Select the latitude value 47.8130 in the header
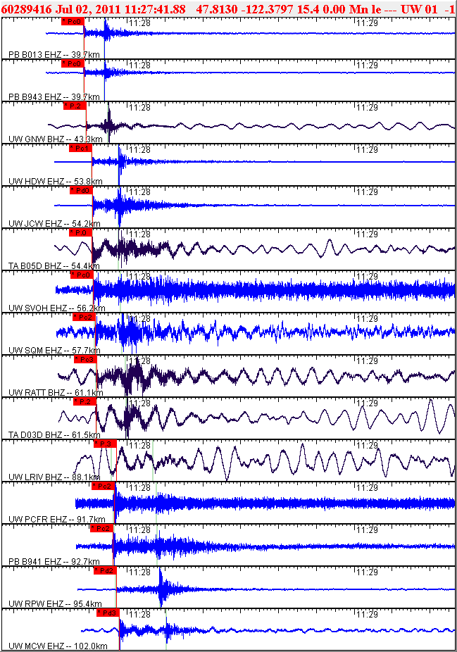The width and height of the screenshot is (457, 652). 217,8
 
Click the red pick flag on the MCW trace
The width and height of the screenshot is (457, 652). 107,613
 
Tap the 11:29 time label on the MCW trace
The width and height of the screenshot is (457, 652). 365,614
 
